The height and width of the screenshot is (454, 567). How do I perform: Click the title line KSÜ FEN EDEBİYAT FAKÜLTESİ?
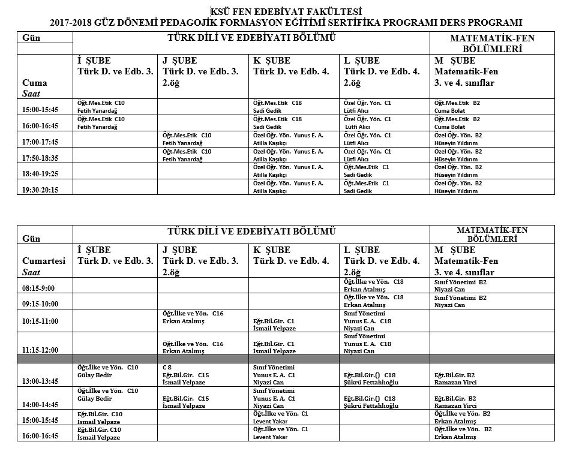286,11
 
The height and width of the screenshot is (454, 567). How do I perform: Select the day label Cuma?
34,83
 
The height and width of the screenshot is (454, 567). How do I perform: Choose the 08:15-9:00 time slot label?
38,287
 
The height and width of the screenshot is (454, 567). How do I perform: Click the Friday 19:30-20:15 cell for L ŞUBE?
385,187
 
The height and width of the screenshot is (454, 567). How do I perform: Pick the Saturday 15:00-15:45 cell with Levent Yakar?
294,417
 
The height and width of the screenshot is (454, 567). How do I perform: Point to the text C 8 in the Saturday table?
168,366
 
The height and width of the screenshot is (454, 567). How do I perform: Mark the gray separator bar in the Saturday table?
286,358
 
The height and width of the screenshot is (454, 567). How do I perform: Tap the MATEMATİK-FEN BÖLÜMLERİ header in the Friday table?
492,44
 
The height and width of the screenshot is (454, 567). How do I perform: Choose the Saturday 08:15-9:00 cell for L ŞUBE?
385,284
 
